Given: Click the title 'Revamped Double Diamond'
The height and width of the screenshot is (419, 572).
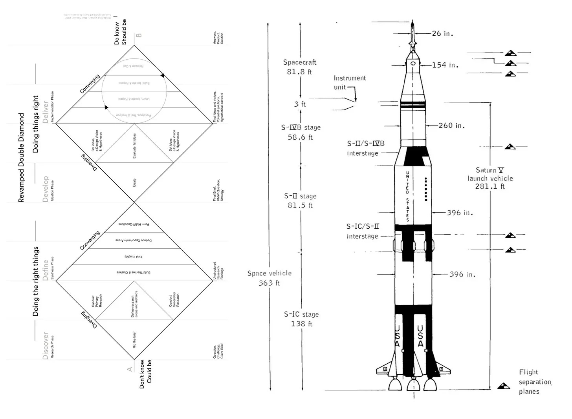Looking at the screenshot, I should [21, 158].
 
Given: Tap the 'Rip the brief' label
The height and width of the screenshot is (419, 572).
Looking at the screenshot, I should [134, 340].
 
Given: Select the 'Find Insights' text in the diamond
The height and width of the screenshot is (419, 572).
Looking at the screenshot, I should [134, 257].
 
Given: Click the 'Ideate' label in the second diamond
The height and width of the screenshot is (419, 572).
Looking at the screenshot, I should [134, 183].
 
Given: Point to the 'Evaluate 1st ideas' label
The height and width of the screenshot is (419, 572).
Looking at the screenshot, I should [134, 146].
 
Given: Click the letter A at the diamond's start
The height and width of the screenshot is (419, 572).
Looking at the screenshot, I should [130, 369].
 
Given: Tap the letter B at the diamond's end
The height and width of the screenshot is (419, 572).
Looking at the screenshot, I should [138, 35].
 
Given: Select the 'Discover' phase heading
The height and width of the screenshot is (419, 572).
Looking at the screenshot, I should [46, 346].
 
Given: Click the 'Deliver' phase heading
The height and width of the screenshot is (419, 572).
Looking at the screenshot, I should [46, 112].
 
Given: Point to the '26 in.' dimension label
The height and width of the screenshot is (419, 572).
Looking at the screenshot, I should [442, 34].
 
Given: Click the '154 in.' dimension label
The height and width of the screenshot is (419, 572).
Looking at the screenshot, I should [445, 65].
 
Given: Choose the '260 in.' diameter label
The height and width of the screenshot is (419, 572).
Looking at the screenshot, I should [451, 126].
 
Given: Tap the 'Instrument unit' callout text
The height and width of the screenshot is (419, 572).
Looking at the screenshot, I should [349, 82].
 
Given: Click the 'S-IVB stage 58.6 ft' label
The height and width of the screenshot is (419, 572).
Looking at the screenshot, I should [301, 132].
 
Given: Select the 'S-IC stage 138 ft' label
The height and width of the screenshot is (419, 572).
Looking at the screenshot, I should [301, 319].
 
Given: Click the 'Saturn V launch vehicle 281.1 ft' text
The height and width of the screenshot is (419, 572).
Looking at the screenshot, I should [490, 178].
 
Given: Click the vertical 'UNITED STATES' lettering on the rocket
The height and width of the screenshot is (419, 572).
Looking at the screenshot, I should [407, 196].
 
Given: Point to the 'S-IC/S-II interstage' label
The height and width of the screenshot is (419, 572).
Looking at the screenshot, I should [362, 231].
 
